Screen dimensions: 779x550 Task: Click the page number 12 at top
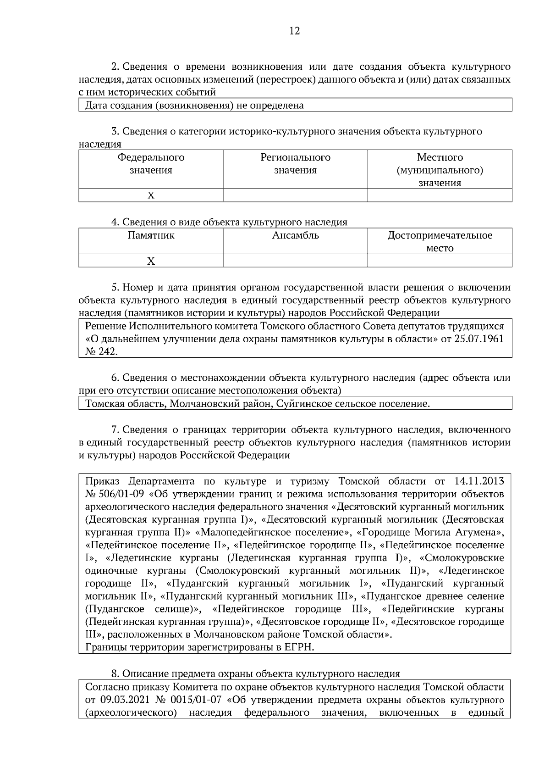click(x=295, y=31)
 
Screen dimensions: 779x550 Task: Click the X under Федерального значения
click(x=150, y=195)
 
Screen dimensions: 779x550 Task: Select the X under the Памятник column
click(x=150, y=261)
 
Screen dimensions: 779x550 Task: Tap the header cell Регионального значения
click(x=295, y=164)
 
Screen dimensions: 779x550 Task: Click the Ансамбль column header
click(x=295, y=236)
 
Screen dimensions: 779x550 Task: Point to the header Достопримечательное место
click(x=440, y=242)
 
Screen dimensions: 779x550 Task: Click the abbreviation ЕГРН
click(x=301, y=647)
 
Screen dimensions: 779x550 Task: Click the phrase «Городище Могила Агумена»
click(x=429, y=533)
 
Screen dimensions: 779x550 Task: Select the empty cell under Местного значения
click(x=440, y=195)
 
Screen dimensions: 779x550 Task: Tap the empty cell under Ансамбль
click(x=295, y=261)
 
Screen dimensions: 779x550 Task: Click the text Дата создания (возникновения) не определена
click(x=195, y=106)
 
